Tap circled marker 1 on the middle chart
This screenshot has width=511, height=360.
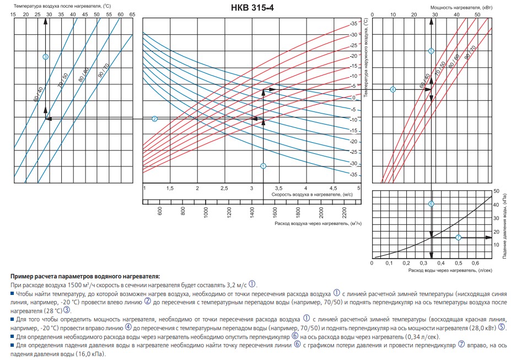pos(263,166)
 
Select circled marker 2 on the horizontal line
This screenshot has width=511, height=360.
pos(155,119)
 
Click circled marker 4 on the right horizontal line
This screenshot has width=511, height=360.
pos(393,89)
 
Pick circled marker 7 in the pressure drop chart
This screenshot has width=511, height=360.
pos(458,238)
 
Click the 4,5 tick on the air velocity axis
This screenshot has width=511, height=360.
pos(332,189)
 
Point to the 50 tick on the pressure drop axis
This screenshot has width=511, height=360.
pos(496,191)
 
